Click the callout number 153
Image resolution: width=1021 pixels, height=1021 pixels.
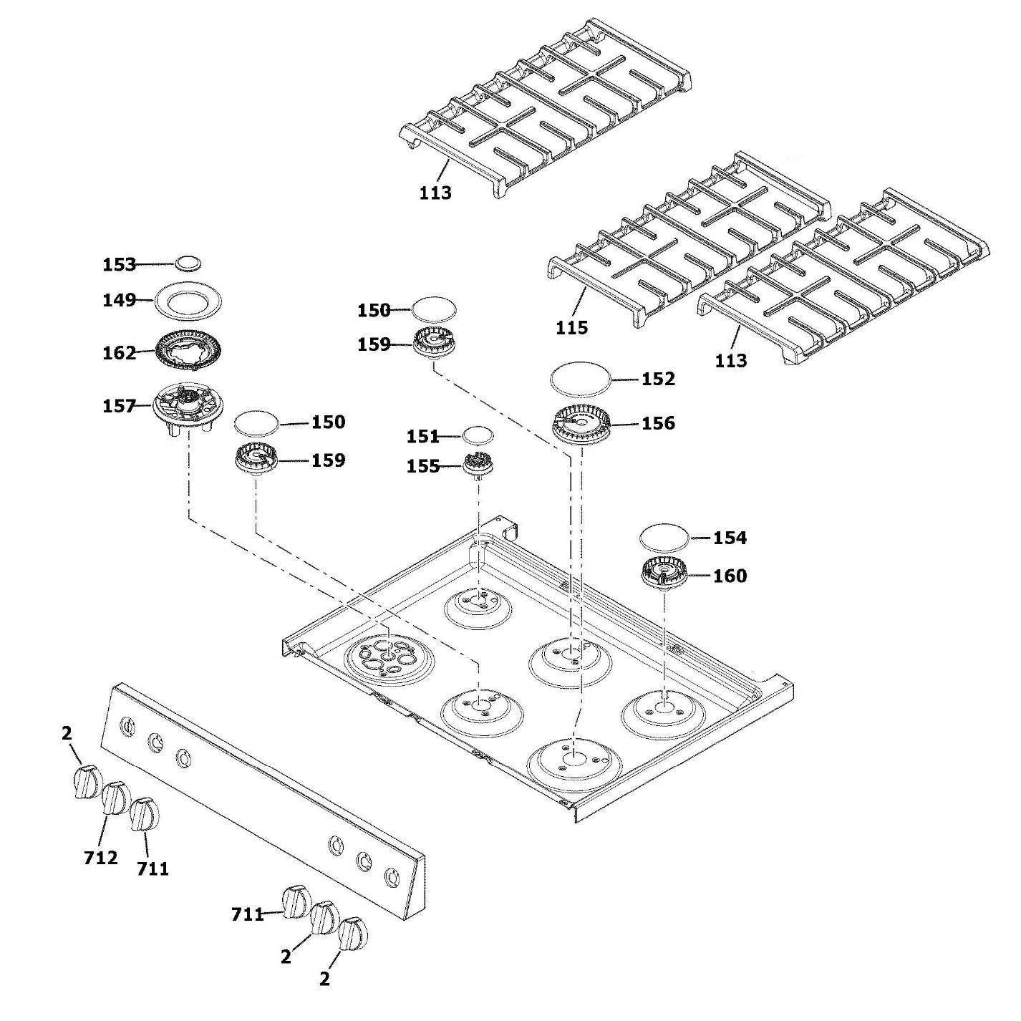point(119,264)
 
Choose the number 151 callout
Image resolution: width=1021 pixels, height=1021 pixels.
point(422,436)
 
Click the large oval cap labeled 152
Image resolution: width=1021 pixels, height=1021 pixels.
point(579,379)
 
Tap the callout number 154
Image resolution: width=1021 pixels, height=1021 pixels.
point(730,537)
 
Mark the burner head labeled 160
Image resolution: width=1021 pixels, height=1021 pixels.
point(663,574)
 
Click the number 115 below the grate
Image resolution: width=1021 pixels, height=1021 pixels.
point(571,327)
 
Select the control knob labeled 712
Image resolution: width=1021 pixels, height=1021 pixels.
point(114,798)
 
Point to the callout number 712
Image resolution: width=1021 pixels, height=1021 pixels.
point(100,857)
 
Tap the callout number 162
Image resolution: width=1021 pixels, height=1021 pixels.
point(119,353)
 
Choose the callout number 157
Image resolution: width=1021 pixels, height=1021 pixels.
point(119,406)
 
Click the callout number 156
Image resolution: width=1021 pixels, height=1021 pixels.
point(658,423)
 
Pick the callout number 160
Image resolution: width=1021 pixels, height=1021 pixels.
point(730,576)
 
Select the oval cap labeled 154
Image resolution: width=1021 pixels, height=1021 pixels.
point(664,536)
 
